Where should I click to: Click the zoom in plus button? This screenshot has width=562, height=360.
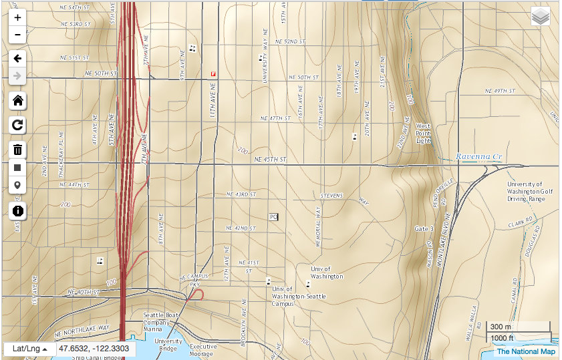[x=17, y=17]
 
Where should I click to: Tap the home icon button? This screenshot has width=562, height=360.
[x=17, y=101]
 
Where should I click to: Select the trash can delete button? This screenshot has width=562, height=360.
[x=17, y=149]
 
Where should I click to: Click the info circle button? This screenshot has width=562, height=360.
[x=17, y=211]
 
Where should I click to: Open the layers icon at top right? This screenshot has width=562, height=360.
[x=540, y=16]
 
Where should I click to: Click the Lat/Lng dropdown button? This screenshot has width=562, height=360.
[x=29, y=349]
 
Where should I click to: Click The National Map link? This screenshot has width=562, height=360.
[x=525, y=351]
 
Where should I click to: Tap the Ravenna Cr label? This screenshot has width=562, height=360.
[x=478, y=157]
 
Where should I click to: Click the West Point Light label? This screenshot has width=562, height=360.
[x=423, y=133]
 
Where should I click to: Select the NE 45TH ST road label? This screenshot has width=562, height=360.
[x=270, y=160]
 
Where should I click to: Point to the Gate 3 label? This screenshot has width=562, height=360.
[x=424, y=229]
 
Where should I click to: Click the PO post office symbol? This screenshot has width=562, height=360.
[x=273, y=217]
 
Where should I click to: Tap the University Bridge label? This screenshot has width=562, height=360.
[x=168, y=344]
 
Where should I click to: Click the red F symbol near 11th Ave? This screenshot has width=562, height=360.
[x=213, y=73]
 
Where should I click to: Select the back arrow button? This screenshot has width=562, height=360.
[x=17, y=57]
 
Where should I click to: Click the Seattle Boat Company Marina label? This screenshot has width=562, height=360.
[x=162, y=321]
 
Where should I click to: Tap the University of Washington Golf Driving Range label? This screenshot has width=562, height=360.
[x=530, y=192]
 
